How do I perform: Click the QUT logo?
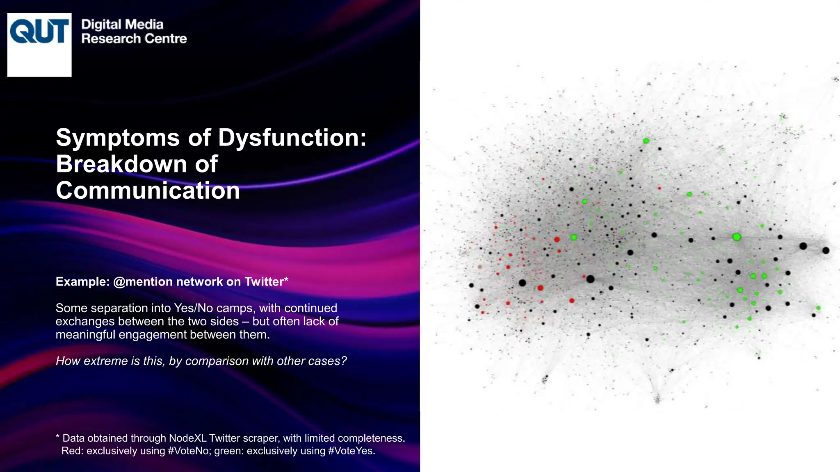[x=39, y=44]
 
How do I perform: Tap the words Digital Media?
[x=122, y=25]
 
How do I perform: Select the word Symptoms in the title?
[x=118, y=138]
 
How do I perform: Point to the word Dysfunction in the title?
[x=292, y=138]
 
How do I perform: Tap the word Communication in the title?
[x=148, y=191]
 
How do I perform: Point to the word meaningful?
[x=85, y=335]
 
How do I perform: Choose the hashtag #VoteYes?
[x=351, y=451]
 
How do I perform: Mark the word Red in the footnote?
[x=72, y=451]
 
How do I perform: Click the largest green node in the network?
[x=737, y=237]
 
